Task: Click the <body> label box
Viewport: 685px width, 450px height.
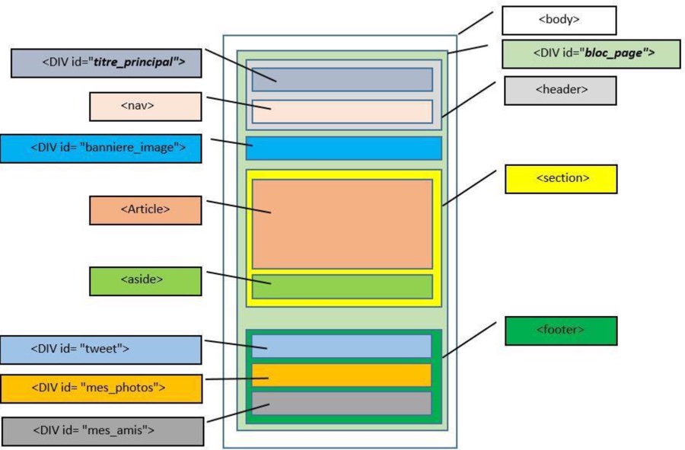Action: (x=559, y=21)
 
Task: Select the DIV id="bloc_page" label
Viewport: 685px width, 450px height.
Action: (x=580, y=54)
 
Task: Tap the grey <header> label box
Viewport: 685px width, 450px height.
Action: (x=560, y=91)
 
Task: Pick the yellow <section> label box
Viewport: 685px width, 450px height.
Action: (x=561, y=179)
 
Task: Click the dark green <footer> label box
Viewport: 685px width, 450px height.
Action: (x=561, y=330)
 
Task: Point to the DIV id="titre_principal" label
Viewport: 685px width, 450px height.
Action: (x=106, y=62)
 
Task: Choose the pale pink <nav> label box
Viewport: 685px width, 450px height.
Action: (x=145, y=107)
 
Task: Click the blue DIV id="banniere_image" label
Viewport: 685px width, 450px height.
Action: (x=100, y=148)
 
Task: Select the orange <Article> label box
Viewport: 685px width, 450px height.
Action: (x=145, y=209)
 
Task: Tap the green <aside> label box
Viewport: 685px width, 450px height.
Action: (x=145, y=280)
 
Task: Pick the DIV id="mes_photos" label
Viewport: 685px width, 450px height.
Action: (x=100, y=388)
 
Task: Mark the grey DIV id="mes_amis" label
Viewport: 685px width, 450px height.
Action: (x=103, y=431)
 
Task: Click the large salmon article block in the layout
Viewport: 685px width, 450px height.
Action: (x=342, y=224)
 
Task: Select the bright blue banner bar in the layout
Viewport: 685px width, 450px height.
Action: (x=343, y=148)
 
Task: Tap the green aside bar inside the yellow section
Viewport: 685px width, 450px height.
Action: (x=342, y=286)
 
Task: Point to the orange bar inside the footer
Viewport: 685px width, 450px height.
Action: (x=342, y=375)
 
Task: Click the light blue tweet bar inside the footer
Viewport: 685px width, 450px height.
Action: (x=342, y=346)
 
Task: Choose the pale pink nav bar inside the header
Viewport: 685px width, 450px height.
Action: (x=342, y=111)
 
